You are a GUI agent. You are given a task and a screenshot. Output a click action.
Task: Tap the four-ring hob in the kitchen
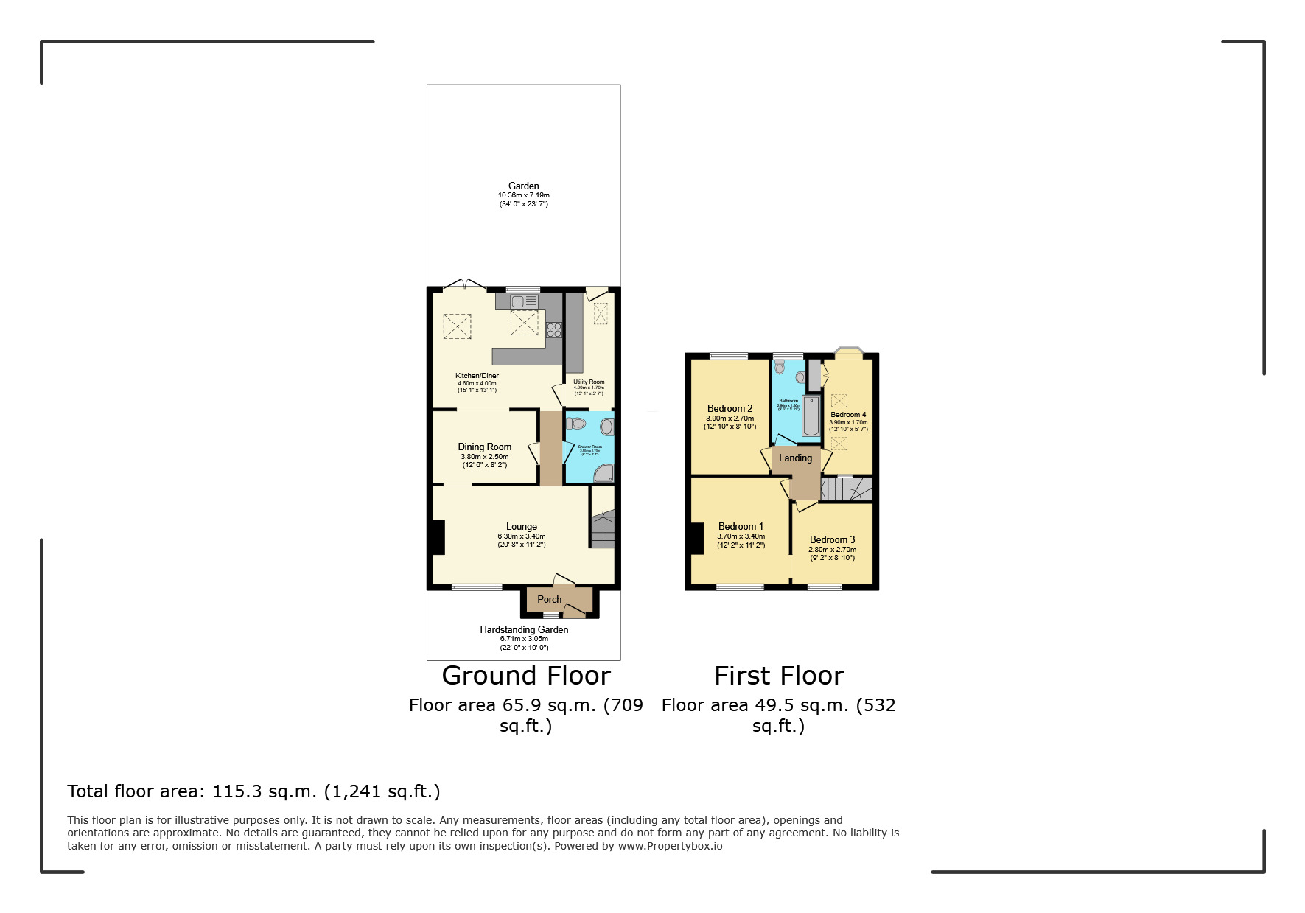tap(554, 329)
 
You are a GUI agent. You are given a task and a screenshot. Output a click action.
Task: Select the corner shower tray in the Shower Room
tap(603, 473)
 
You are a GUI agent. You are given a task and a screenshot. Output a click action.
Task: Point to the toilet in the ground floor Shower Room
tap(576, 424)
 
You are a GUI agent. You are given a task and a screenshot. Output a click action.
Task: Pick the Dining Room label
tap(484, 447)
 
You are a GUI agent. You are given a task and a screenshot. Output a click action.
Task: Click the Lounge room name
tap(521, 526)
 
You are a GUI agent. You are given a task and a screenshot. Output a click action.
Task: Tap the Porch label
tap(549, 599)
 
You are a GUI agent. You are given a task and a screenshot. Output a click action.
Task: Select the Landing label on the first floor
tap(795, 458)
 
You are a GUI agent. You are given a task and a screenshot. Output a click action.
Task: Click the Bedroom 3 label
tap(832, 539)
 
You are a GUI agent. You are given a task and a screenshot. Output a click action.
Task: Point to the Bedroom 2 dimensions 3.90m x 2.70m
tap(730, 418)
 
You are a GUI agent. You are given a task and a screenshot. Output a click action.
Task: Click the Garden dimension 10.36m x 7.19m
tap(523, 195)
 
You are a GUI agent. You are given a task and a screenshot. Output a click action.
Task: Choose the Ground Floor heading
tap(525, 675)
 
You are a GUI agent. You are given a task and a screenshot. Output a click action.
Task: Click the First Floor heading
tap(778, 675)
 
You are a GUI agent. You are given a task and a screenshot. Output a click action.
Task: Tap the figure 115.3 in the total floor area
tap(233, 791)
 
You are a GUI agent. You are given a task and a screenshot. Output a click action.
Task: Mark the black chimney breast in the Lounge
tap(437, 537)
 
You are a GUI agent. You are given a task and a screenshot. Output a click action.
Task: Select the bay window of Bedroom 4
tap(847, 351)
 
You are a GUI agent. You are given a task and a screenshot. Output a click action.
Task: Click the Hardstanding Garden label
tap(523, 629)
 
